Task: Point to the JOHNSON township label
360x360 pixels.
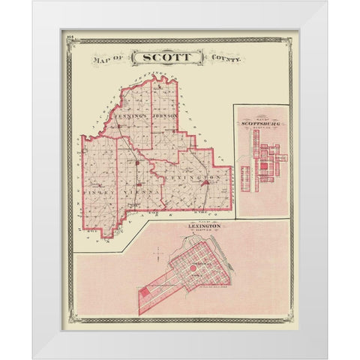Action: [x=164, y=117]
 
